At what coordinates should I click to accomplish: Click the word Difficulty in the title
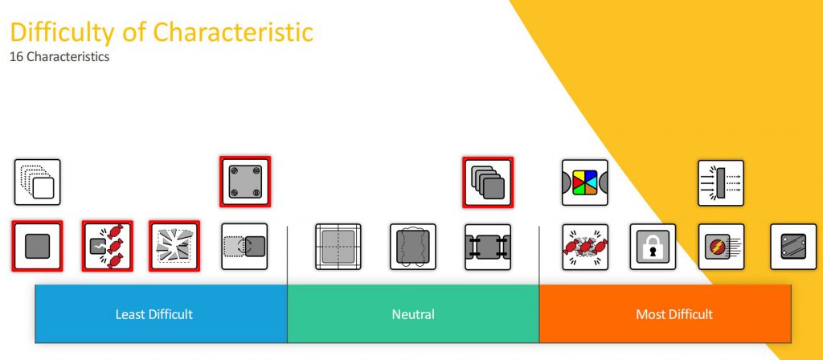pyautogui.click(x=61, y=32)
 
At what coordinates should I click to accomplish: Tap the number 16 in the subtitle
pyautogui.click(x=16, y=57)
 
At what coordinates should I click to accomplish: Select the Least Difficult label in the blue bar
pyautogui.click(x=154, y=314)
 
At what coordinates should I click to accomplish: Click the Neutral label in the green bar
pyautogui.click(x=413, y=314)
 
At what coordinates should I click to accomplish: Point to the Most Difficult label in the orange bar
pyautogui.click(x=674, y=314)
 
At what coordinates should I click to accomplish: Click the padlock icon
pyautogui.click(x=653, y=247)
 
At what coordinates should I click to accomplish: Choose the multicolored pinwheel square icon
pyautogui.click(x=585, y=182)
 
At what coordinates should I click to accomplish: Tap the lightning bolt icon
pyautogui.click(x=721, y=247)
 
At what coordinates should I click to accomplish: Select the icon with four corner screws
pyautogui.click(x=245, y=182)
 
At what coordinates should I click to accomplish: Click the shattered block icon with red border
pyautogui.click(x=174, y=246)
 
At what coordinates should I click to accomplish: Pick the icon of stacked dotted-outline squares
pyautogui.click(x=37, y=182)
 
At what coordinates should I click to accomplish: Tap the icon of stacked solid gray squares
pyautogui.click(x=488, y=182)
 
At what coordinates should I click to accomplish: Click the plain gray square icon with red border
pyautogui.click(x=37, y=246)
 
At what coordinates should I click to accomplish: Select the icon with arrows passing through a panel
pyautogui.click(x=721, y=182)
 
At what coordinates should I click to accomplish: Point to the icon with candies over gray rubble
pyautogui.click(x=585, y=247)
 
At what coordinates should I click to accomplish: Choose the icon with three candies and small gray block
pyautogui.click(x=107, y=246)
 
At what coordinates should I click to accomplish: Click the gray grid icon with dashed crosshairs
pyautogui.click(x=338, y=247)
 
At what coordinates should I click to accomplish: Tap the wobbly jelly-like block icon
pyautogui.click(x=413, y=247)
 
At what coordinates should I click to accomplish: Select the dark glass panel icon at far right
pyautogui.click(x=793, y=247)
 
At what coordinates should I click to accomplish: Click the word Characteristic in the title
pyautogui.click(x=233, y=32)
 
